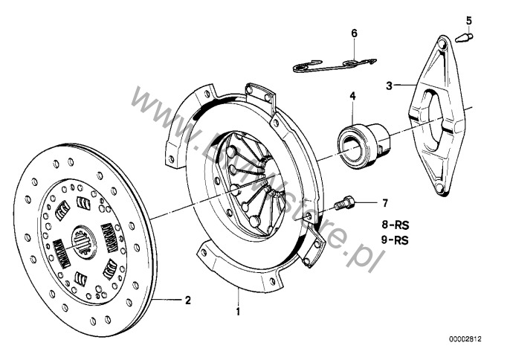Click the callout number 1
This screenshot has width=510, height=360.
pos(238,311)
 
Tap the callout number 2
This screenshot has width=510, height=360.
pos(188,300)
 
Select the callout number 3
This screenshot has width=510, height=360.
pos(389,86)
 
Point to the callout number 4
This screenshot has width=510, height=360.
pos(353,96)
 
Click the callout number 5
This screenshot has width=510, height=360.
pos(468,20)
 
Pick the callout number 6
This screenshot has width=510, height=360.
pos(354,33)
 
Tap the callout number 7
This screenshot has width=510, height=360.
pos(384,202)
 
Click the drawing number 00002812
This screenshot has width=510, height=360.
pos(466,340)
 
